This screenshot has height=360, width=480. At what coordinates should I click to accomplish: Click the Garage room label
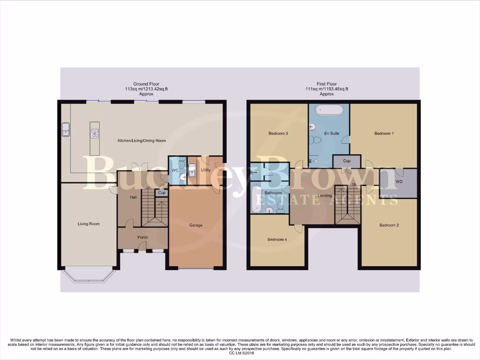pyautogui.click(x=195, y=225)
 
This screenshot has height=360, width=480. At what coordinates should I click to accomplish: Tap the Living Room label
pyautogui.click(x=89, y=224)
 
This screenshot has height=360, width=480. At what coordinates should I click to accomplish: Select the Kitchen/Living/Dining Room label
pyautogui.click(x=142, y=141)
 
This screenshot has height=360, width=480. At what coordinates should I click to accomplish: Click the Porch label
pyautogui.click(x=142, y=238)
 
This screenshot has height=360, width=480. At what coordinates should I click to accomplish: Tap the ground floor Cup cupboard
pyautogui.click(x=162, y=193)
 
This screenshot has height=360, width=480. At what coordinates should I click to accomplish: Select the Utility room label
pyautogui.click(x=206, y=170)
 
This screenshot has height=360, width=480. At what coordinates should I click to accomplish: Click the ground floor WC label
pyautogui.click(x=174, y=170)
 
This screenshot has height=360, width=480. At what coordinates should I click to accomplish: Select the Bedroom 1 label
pyautogui.click(x=383, y=134)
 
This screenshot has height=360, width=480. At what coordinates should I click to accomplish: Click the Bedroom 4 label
pyautogui.click(x=277, y=240)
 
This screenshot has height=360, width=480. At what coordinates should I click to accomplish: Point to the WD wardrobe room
pyautogui.click(x=399, y=181)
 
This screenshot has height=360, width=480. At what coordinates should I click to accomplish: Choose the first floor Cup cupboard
pyautogui.click(x=346, y=161)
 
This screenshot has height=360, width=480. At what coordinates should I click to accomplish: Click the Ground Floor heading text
pyautogui.click(x=146, y=84)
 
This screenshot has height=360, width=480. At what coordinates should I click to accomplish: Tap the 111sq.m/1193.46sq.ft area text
pyautogui.click(x=326, y=89)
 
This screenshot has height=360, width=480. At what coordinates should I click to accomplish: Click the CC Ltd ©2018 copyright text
pyautogui.click(x=240, y=353)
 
